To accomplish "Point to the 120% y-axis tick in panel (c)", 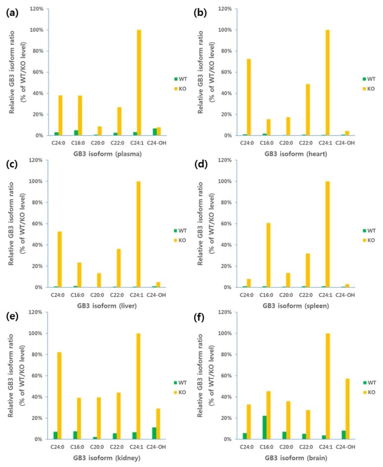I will tap(37, 160).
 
